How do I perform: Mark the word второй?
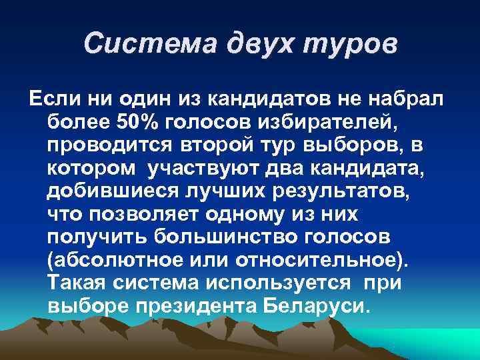click(215, 146)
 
